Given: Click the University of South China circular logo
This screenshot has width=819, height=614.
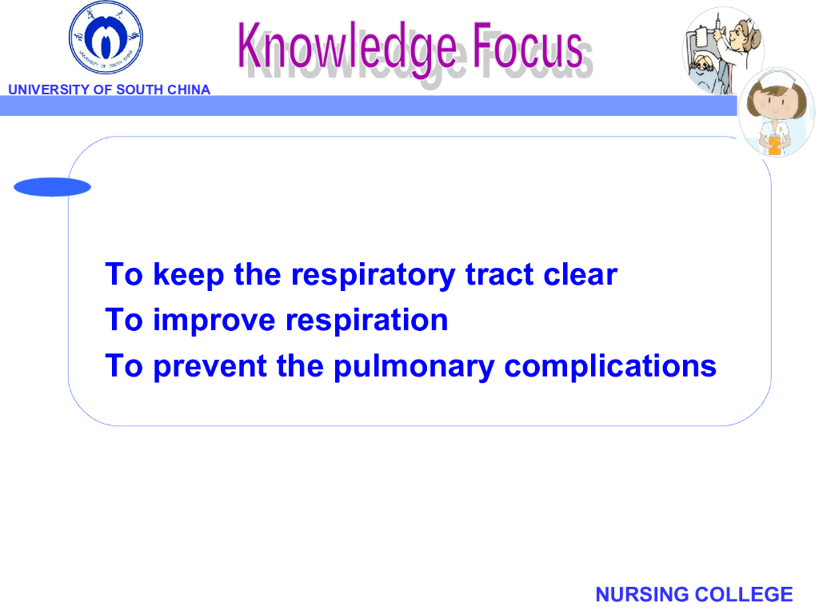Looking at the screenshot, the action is tap(106, 38).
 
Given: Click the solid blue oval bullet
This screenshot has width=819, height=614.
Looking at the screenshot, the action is tap(52, 187).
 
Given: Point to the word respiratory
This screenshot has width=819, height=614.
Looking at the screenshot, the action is tap(373, 275).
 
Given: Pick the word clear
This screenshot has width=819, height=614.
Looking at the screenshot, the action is tap(581, 274).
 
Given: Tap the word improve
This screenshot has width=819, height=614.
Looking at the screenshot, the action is tap(214, 321).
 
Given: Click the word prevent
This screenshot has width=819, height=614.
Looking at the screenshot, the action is tap(210, 366).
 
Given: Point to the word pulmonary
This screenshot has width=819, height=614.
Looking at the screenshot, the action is tap(413, 366).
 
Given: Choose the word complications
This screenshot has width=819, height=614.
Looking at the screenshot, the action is tap(610, 366).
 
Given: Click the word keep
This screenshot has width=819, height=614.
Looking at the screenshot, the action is tap(189, 275).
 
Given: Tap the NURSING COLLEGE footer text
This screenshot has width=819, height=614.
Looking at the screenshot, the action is tap(694, 594).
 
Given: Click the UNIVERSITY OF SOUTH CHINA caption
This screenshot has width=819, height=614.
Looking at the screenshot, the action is tap(109, 90).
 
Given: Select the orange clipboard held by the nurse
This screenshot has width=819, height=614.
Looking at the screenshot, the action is tap(774, 145).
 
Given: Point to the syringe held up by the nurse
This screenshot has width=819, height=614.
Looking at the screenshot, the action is tap(718, 24).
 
